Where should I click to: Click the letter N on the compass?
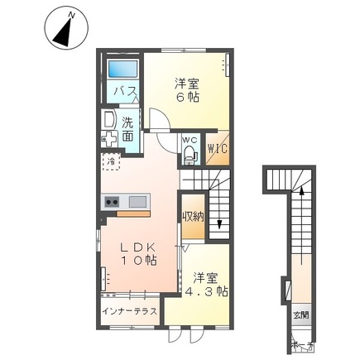[x=72, y=14]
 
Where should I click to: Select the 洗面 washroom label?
[x=128, y=131]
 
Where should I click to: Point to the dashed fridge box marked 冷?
[x=109, y=161]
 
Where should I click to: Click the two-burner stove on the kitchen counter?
[x=113, y=202]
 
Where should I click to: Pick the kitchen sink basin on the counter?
[x=137, y=202]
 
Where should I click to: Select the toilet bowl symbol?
[x=189, y=153]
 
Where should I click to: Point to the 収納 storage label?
[x=192, y=216]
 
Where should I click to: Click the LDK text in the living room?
[x=137, y=247]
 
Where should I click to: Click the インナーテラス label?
[x=130, y=311]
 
